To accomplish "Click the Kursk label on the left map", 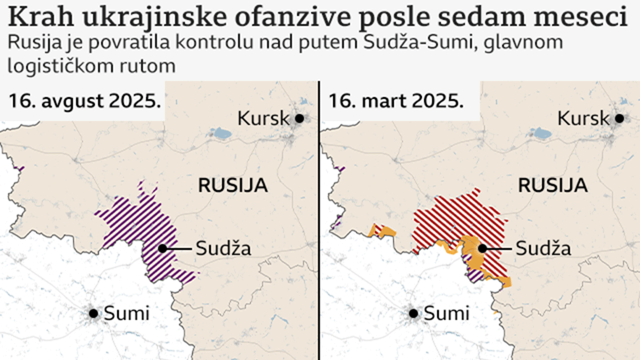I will (x=263, y=118).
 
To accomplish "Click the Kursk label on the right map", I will (x=583, y=118).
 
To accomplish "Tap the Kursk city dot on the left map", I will (x=299, y=118).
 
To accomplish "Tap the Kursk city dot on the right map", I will (x=619, y=118).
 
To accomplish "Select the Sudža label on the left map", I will (x=223, y=248).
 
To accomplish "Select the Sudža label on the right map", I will (x=543, y=248).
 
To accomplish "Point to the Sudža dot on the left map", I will (x=162, y=248).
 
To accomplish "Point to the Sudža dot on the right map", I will (x=482, y=248).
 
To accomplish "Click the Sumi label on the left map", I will (x=126, y=313).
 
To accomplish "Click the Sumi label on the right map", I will (x=446, y=313).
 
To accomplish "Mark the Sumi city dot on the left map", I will (x=93, y=313).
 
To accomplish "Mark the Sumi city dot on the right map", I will (x=413, y=313).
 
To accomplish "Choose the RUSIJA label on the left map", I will (x=233, y=185).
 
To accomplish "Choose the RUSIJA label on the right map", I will (x=552, y=185).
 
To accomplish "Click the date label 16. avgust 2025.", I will (x=84, y=101).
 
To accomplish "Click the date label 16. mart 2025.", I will (x=395, y=101).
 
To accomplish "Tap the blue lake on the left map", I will (x=220, y=133).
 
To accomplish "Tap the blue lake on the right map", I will (x=540, y=133).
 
